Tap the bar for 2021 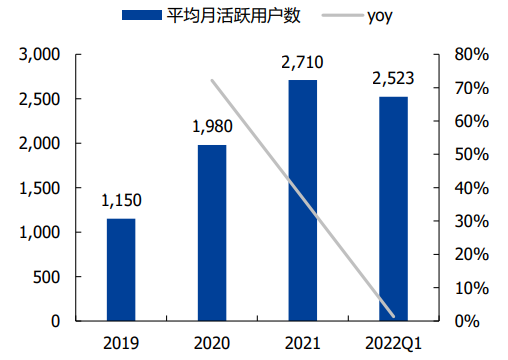coord(302,200)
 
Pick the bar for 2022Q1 coord(393,209)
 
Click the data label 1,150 coord(121,202)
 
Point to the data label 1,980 coord(212,128)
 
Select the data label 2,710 coord(302,63)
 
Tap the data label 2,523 coord(393,80)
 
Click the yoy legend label coord(383,15)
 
